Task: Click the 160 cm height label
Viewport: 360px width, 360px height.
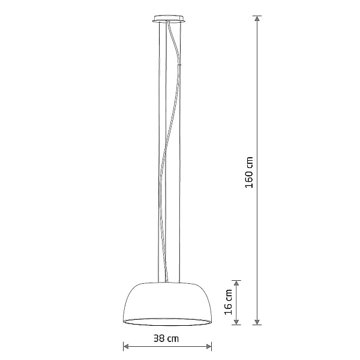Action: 250,172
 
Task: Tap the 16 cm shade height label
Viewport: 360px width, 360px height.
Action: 229,302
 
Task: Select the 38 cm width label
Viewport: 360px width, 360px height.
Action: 166,338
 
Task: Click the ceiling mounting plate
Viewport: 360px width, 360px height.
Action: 169,19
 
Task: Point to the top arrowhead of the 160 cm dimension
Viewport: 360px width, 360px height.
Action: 257,19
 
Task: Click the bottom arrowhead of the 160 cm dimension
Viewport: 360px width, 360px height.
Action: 257,322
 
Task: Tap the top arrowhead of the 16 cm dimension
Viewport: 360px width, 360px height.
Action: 236,283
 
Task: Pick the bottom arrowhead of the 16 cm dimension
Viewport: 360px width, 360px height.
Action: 236,322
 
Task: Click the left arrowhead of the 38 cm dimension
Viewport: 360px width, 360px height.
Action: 126,346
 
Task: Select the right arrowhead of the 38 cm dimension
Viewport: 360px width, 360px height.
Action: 208,346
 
